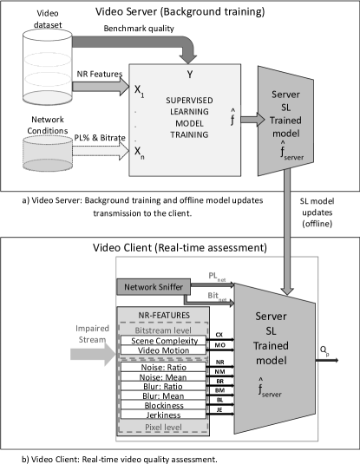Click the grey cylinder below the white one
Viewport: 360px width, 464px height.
tap(49, 152)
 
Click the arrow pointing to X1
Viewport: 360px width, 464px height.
tap(101, 87)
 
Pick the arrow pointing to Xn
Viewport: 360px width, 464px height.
tap(101, 151)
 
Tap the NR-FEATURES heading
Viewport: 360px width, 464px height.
tap(164, 316)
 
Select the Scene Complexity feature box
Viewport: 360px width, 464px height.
tap(164, 341)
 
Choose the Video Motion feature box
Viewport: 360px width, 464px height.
tap(164, 350)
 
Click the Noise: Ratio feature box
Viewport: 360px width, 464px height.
tap(164, 368)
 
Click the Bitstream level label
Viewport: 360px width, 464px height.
tap(164, 330)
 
